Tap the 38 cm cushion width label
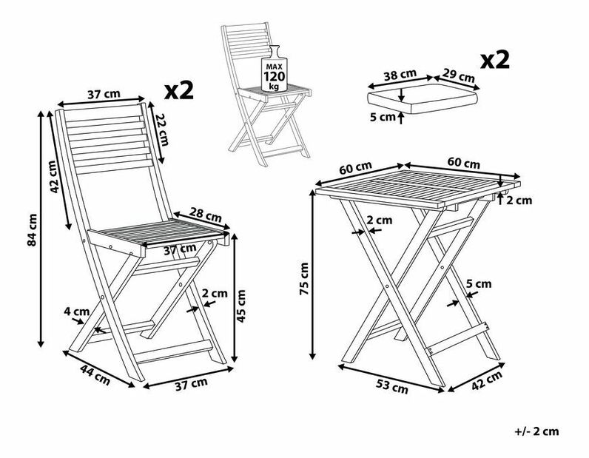pos(400,74)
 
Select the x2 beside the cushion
pos(496,60)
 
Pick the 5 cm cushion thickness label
pos(383,116)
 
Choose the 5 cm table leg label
pos(478,283)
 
